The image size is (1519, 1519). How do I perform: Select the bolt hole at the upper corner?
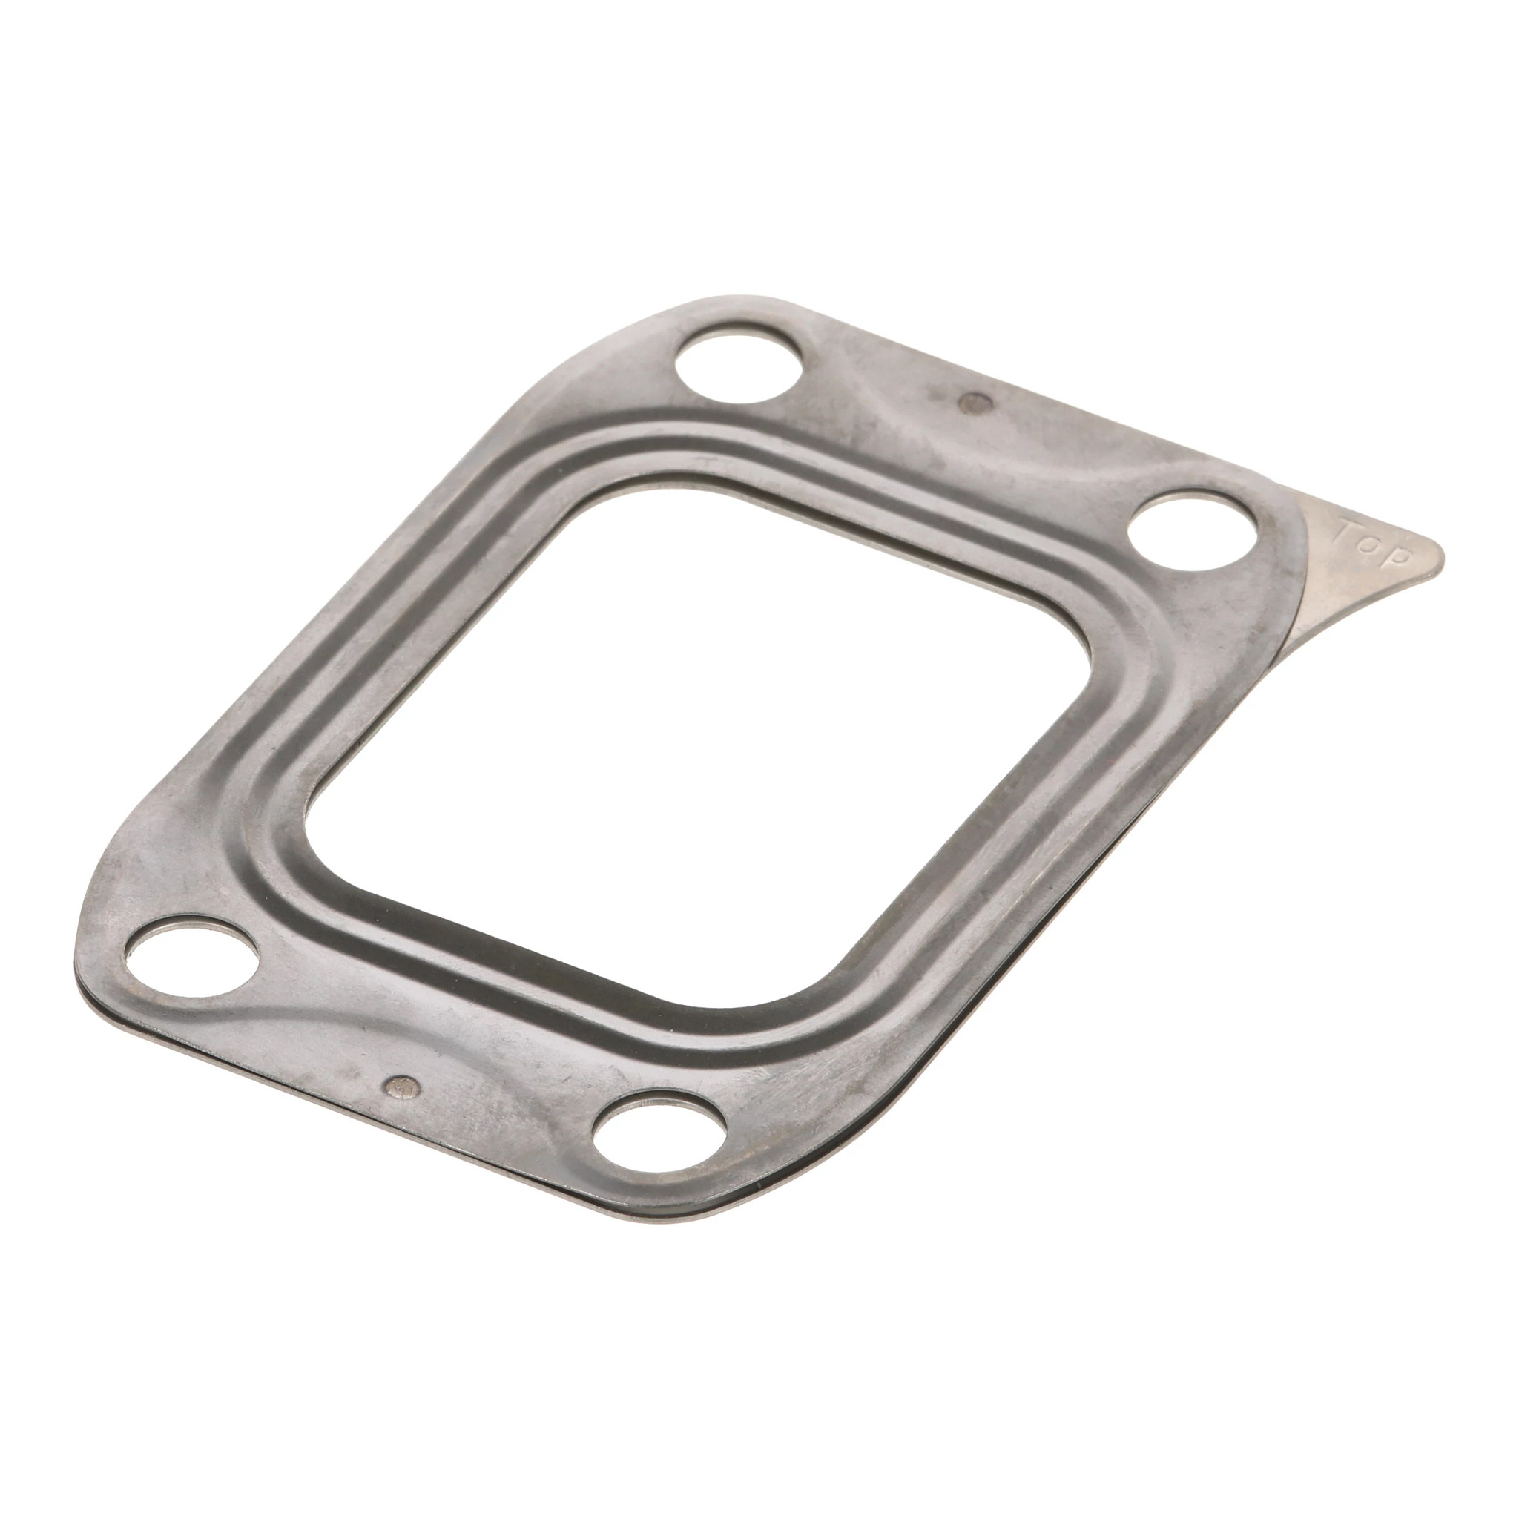(737, 367)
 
